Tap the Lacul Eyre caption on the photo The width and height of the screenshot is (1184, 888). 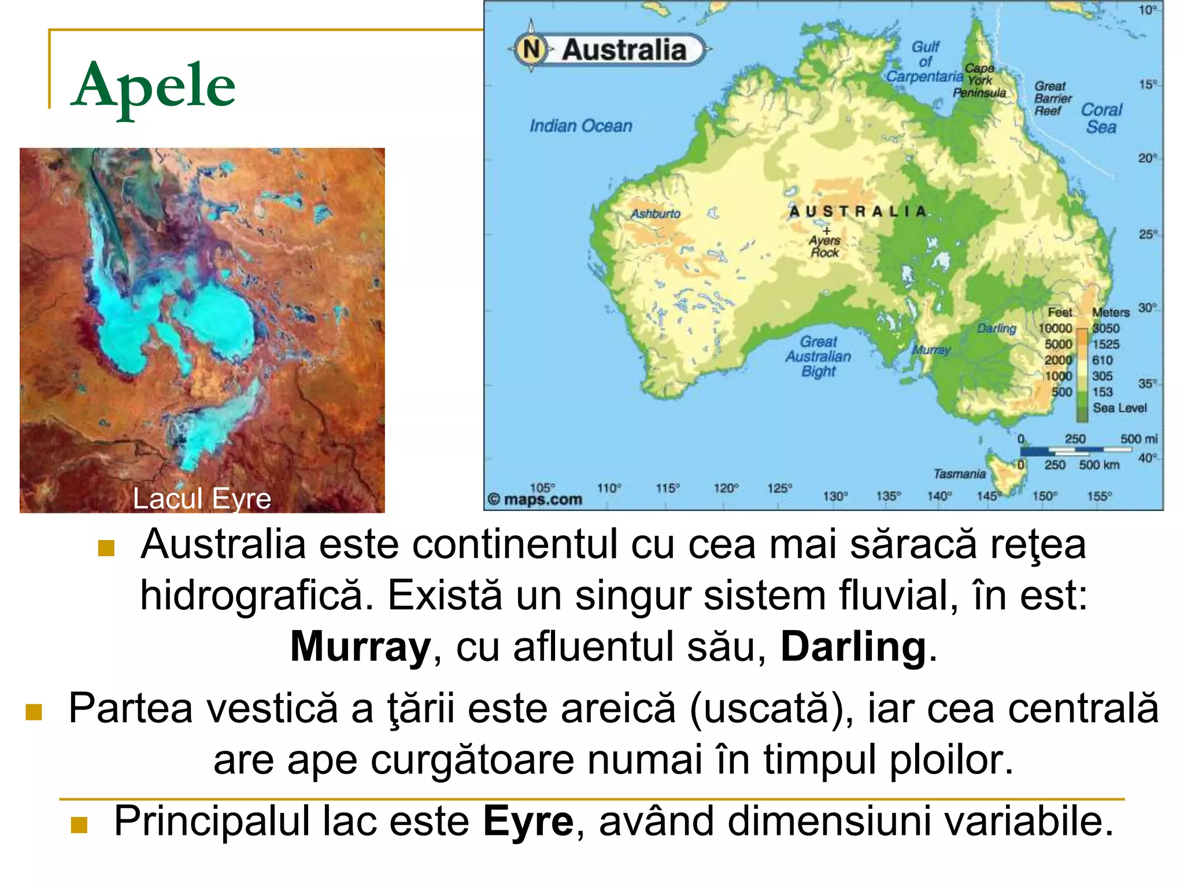[202, 498]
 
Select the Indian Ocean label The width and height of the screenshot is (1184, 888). [580, 125]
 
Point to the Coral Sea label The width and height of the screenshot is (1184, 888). [1101, 118]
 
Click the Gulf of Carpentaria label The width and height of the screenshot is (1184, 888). [925, 62]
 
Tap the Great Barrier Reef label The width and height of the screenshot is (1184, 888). [1052, 98]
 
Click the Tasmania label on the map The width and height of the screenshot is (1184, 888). [959, 474]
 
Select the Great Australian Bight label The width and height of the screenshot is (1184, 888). [818, 356]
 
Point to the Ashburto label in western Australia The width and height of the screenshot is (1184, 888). [656, 214]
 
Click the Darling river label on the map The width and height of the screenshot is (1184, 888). [996, 328]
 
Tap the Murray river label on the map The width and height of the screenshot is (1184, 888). [931, 350]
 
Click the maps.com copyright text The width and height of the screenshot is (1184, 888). [535, 499]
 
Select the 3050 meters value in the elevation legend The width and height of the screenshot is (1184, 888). [1105, 328]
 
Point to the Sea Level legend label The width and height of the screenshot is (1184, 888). [1119, 408]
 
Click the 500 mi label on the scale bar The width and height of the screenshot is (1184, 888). [1138, 439]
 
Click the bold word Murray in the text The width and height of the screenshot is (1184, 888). [360, 646]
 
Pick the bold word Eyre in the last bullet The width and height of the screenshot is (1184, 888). [528, 821]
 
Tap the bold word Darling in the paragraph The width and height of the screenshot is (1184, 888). [853, 646]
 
